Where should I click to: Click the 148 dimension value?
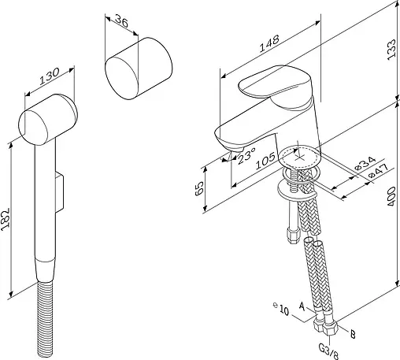[x=269, y=43]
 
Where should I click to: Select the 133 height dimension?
[x=391, y=50]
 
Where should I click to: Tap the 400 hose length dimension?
[x=391, y=196]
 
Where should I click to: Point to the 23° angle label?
[x=246, y=156]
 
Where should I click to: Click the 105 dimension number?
[x=265, y=161]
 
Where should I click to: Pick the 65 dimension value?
[x=199, y=188]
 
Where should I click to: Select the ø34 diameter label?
[x=365, y=163]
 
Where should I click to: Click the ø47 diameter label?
[x=377, y=171]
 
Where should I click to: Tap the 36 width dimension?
[x=122, y=21]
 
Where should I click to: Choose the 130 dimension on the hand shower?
[x=50, y=76]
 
